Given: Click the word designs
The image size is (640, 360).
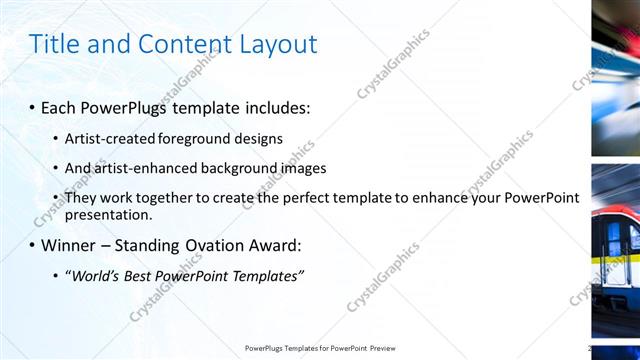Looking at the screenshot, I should [257, 139].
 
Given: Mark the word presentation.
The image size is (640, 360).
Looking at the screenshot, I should [108, 214].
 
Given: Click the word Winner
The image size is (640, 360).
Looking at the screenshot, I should [71, 245].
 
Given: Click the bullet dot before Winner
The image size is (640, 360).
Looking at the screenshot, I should [32, 246].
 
